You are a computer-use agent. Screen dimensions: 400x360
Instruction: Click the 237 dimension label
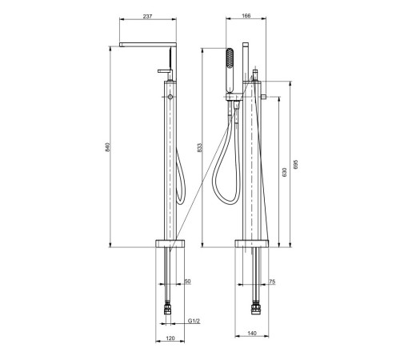point(147,16)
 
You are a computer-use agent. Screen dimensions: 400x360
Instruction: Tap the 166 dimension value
point(246,16)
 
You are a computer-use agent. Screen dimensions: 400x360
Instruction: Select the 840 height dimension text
point(107,147)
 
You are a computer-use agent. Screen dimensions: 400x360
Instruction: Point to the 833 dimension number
point(200,148)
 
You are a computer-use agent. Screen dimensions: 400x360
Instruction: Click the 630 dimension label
point(284,172)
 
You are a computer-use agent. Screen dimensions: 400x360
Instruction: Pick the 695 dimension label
point(295,164)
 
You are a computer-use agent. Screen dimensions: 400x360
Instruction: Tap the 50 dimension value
point(188,282)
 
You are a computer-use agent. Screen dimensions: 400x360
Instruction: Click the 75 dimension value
point(272,282)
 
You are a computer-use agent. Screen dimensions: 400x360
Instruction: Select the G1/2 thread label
point(194,321)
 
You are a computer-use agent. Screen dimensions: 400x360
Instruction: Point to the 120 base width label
point(170,338)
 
